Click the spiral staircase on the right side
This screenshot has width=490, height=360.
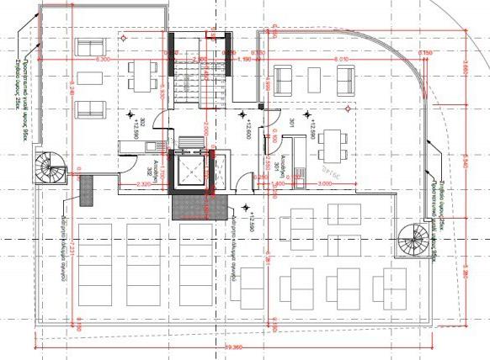coord(413,238)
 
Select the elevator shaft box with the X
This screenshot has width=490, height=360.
coord(192,172)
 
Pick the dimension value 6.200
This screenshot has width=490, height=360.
coord(104,60)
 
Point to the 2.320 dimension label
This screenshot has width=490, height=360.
coord(143,183)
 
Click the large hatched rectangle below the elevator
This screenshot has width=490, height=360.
coord(196,206)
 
